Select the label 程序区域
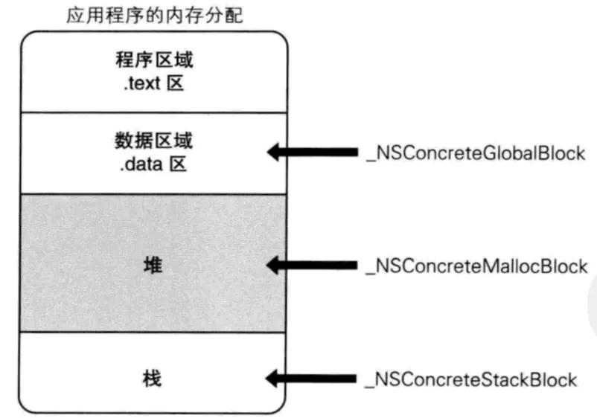(153, 61)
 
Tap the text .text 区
(153, 83)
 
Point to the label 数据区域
(153, 141)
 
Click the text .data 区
(153, 163)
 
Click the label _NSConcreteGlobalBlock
(475, 153)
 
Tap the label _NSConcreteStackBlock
(470, 379)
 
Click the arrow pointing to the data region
(313, 153)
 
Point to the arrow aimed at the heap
(313, 265)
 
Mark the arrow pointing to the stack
(313, 379)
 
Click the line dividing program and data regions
(153, 112)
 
